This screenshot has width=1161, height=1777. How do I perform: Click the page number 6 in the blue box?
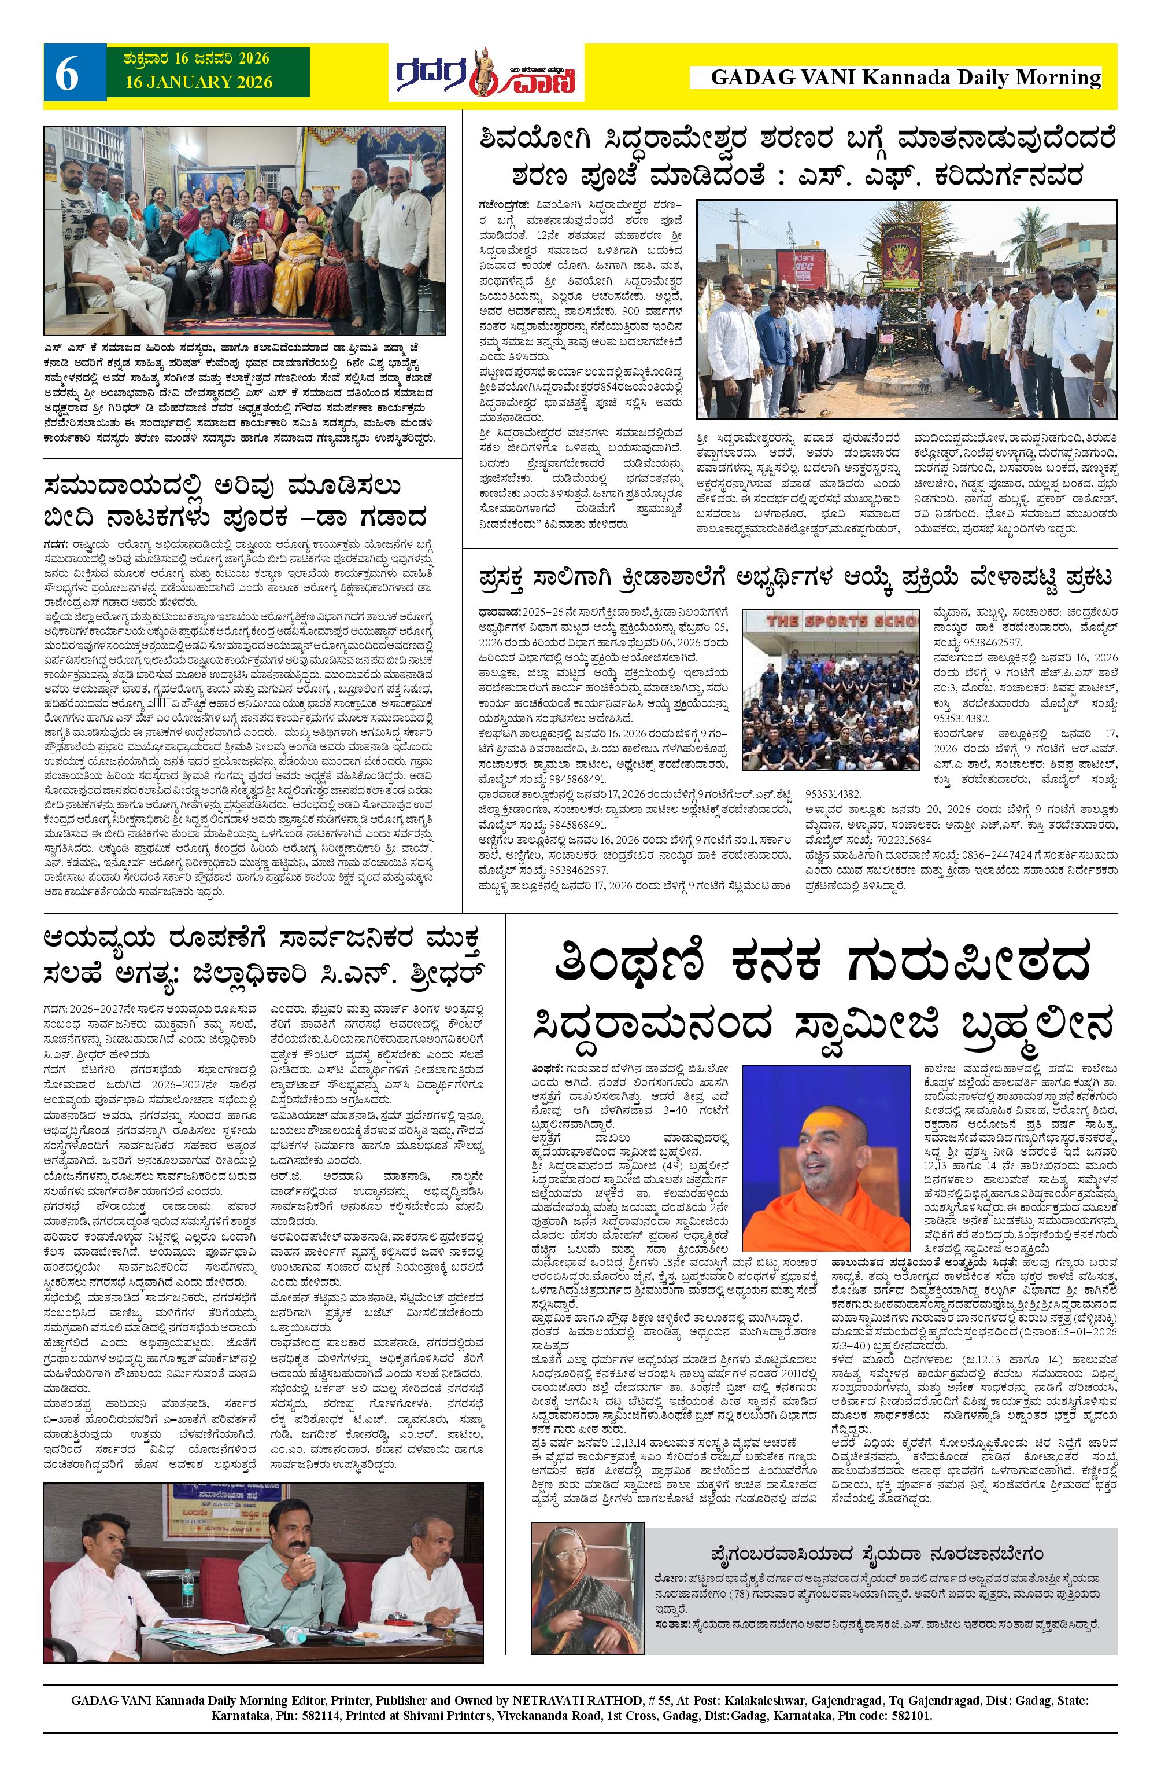point(67,77)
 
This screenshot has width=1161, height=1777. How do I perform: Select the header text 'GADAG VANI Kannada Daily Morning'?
point(906,78)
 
